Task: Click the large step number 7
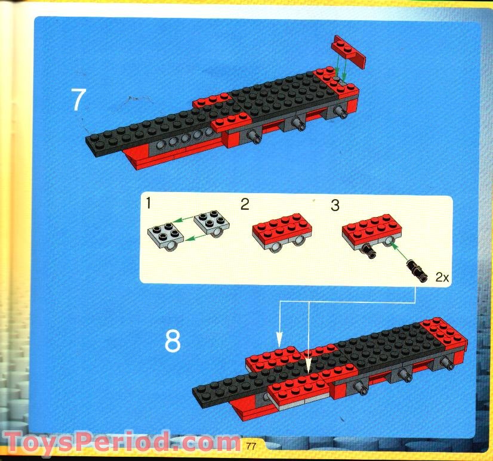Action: pos(78,100)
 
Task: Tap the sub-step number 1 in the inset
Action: pos(148,206)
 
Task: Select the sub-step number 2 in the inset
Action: pos(244,205)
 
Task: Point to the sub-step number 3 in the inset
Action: pos(335,206)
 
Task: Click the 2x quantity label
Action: pos(442,277)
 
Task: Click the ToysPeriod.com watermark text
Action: pos(119,443)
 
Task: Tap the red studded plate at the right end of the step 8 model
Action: pos(443,332)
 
